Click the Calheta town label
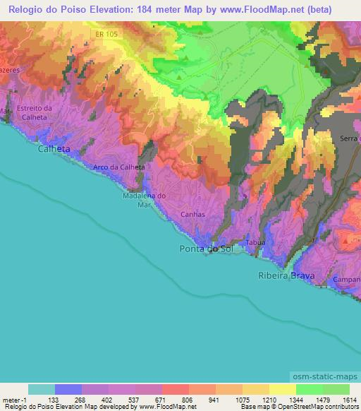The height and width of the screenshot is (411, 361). coord(54,150)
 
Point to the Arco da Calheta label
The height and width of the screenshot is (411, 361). coord(119,167)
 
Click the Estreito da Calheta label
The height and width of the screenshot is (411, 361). coord(34,112)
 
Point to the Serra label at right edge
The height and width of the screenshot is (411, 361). coord(350,138)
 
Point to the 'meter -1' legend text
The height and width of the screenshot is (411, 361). coord(15,399)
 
